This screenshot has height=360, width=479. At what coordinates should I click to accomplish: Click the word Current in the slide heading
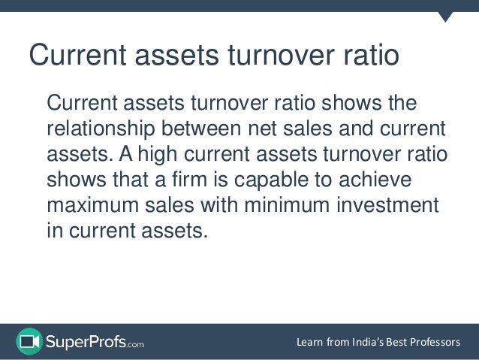(x=74, y=56)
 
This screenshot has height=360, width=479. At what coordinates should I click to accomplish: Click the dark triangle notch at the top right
(x=445, y=16)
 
